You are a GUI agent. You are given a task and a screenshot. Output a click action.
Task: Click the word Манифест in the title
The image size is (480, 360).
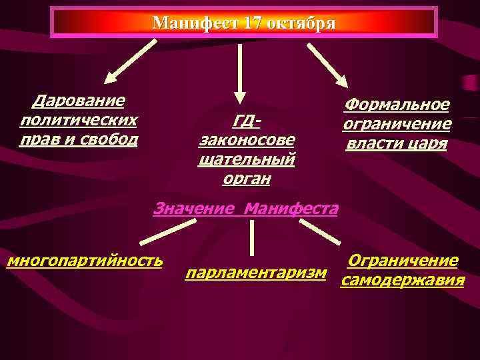(x=195, y=23)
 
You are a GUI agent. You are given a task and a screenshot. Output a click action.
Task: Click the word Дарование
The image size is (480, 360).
(x=79, y=101)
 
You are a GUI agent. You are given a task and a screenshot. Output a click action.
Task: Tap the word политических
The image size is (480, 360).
(x=79, y=120)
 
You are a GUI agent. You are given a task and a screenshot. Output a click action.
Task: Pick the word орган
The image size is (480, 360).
(x=247, y=179)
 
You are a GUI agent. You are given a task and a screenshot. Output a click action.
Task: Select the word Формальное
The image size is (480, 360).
(x=397, y=105)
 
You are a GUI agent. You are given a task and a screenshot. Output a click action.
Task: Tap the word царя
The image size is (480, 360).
(x=427, y=143)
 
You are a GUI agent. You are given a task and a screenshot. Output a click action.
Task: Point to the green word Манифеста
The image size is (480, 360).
(x=291, y=208)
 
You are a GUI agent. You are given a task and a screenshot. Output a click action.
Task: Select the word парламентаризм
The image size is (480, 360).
(x=257, y=273)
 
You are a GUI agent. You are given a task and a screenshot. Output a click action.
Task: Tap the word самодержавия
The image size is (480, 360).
(x=402, y=281)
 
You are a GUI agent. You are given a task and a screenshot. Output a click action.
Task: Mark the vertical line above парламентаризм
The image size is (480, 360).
(x=251, y=237)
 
